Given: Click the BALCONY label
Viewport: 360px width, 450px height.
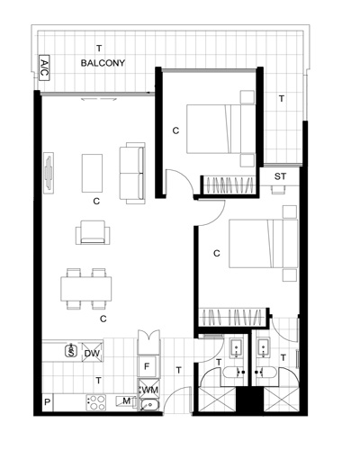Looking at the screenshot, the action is click(x=103, y=63).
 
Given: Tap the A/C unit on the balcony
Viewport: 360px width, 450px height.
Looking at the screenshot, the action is click(x=44, y=67).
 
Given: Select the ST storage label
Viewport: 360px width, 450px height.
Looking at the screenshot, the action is click(x=280, y=176).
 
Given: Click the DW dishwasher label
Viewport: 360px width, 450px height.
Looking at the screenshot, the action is click(x=92, y=354).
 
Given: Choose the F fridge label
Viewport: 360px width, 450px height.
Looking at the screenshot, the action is click(x=147, y=366).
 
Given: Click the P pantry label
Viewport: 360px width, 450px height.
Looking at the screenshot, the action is click(x=47, y=402).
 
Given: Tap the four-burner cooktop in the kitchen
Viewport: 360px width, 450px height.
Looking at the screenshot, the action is click(x=96, y=402).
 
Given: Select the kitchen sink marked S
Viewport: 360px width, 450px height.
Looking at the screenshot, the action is click(x=71, y=351).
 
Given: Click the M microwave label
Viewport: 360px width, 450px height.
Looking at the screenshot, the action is click(x=127, y=400).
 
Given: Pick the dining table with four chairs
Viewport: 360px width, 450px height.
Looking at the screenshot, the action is click(x=86, y=289).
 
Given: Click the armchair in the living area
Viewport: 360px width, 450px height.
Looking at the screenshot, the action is click(x=93, y=232).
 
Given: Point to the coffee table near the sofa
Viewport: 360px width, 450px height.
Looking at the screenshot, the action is click(x=93, y=173).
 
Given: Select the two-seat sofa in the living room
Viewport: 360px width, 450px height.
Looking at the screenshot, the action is click(x=132, y=174).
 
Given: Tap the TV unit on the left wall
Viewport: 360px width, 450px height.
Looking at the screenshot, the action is click(x=49, y=173).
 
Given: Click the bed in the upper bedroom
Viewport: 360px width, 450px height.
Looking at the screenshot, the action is click(x=220, y=129).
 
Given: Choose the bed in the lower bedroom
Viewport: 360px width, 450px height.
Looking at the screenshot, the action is click(x=263, y=244).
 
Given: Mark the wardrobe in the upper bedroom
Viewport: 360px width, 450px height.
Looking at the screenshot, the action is click(x=229, y=185).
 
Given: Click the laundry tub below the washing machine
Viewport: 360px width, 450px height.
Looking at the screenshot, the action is click(x=149, y=405).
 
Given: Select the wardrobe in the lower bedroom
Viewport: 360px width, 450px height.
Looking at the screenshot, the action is click(x=233, y=317).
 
